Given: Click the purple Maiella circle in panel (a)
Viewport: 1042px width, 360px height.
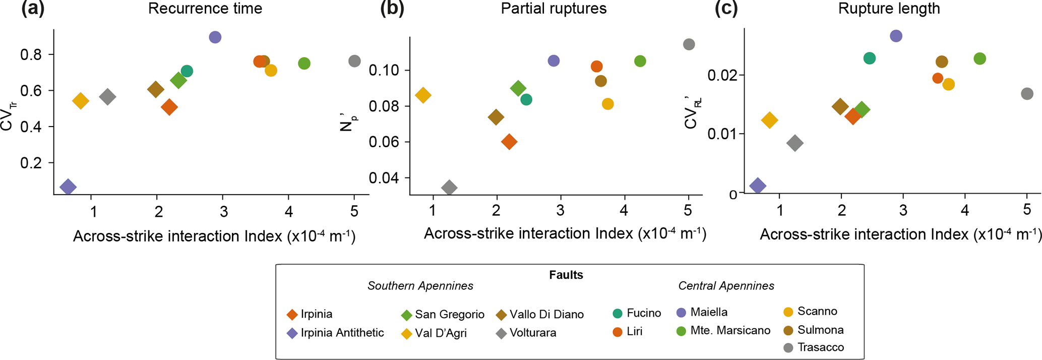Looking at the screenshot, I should click(215, 37).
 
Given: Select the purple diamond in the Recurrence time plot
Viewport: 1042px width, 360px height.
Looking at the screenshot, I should click(68, 187).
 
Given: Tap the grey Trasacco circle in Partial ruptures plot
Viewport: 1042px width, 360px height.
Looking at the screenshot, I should click(689, 44).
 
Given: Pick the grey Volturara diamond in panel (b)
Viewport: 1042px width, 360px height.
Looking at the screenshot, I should click(449, 188).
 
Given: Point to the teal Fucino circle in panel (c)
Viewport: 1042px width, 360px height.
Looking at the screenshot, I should click(869, 58).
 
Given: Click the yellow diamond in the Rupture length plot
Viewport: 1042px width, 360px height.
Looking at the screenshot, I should click(769, 120).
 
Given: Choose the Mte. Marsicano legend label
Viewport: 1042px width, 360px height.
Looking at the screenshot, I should click(730, 330).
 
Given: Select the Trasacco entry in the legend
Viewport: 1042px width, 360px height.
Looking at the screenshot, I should click(820, 347).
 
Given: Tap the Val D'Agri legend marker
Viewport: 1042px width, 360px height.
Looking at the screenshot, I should click(406, 334).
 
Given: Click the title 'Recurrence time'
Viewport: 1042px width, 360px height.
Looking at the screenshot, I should click(205, 9).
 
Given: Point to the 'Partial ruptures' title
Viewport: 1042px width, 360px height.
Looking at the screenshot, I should click(554, 9).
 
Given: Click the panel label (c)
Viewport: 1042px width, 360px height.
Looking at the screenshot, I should click(726, 9).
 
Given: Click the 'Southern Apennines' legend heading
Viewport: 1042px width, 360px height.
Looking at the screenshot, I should click(420, 286).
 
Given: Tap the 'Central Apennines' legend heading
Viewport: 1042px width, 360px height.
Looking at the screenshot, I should click(726, 286).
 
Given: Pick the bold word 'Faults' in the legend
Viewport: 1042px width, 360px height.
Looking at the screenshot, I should click(566, 275).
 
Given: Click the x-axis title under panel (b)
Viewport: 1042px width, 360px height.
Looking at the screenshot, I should click(565, 234).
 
